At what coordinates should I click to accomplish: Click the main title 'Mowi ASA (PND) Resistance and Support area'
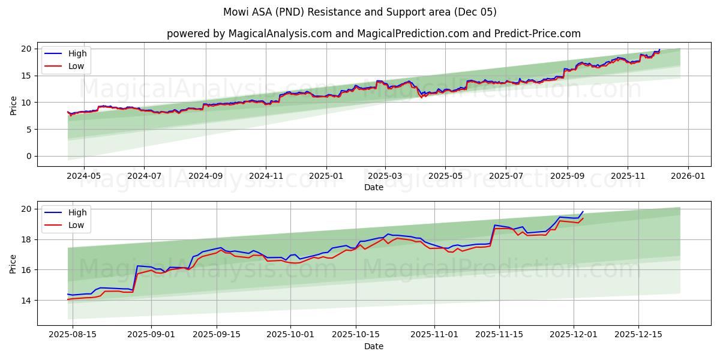pyautogui.click(x=360, y=12)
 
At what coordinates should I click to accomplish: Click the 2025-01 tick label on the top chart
pyautogui.click(x=326, y=176)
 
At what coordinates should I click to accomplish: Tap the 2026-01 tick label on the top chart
pyautogui.click(x=688, y=176)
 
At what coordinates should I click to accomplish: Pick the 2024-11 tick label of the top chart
pyautogui.click(x=266, y=176)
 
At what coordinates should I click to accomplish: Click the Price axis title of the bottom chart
pyautogui.click(x=13, y=263)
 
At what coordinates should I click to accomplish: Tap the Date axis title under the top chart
pyautogui.click(x=373, y=187)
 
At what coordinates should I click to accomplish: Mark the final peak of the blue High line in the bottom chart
pyautogui.click(x=583, y=211)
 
